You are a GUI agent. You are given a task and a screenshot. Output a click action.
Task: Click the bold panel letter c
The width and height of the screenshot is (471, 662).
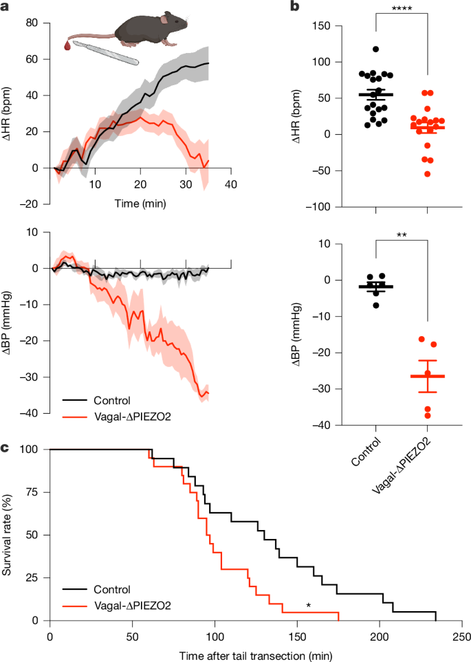click(x=6, y=449)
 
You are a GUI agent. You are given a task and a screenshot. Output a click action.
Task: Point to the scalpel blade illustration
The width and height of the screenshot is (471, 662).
click(x=106, y=54)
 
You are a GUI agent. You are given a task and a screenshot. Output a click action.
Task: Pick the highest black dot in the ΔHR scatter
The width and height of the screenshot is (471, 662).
click(x=375, y=49)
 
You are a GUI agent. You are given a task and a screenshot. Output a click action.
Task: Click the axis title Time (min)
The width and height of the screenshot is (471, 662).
click(x=142, y=203)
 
